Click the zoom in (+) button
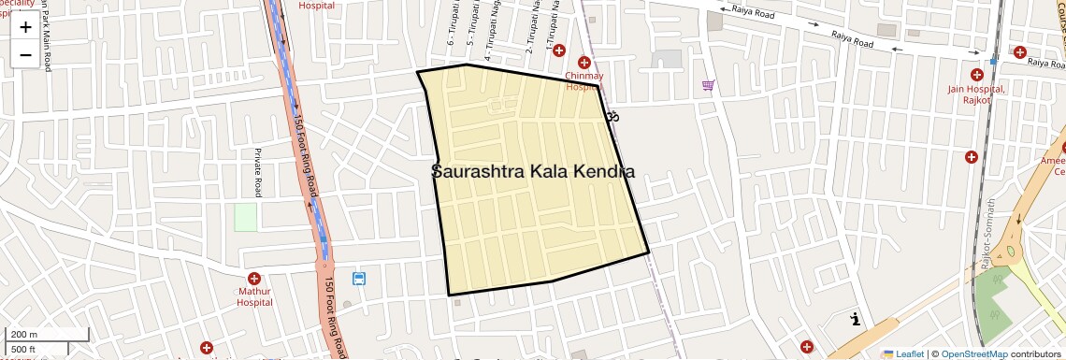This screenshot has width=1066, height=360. click(25, 27)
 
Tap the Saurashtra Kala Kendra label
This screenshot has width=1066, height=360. click(533, 172)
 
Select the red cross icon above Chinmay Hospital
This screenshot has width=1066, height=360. click(584, 63)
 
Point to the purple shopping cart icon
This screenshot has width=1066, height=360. click(709, 86)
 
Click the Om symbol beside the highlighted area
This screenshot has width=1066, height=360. click(612, 117)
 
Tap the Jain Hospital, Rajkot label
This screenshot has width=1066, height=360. click(975, 94)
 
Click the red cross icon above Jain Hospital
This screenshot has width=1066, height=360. click(976, 75)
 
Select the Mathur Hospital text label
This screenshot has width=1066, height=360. click(254, 296)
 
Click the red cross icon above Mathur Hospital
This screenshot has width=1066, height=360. click(254, 279)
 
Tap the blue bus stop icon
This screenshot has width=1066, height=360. click(359, 279)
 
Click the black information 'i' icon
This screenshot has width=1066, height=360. click(856, 320)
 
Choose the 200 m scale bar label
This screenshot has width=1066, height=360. click(24, 335)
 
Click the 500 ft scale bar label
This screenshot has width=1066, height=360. click(23, 350)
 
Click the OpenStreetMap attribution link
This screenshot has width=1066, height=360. click(973, 354)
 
